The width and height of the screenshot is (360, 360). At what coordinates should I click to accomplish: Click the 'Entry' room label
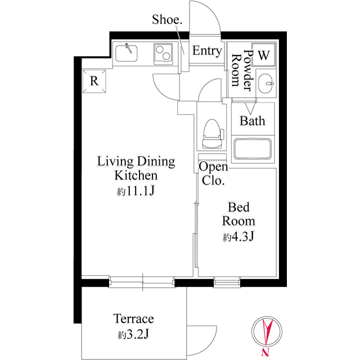click(x=207, y=51)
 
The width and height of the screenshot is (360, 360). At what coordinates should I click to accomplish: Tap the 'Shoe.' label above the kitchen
click(x=167, y=20)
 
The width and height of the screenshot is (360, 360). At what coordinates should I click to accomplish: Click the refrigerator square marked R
click(x=94, y=80)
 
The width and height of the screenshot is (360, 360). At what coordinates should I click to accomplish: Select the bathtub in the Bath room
click(x=253, y=150)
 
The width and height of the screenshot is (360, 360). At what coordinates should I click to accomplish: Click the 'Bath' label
click(x=253, y=120)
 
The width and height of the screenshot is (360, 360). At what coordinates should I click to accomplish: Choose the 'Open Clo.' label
click(x=214, y=174)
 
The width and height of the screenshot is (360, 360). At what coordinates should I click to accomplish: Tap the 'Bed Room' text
click(x=238, y=213)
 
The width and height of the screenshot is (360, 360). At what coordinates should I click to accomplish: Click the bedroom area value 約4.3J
click(x=238, y=237)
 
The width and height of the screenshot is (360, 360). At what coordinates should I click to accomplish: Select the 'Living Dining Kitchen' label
click(x=136, y=168)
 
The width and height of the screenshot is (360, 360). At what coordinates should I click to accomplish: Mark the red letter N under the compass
click(x=264, y=353)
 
